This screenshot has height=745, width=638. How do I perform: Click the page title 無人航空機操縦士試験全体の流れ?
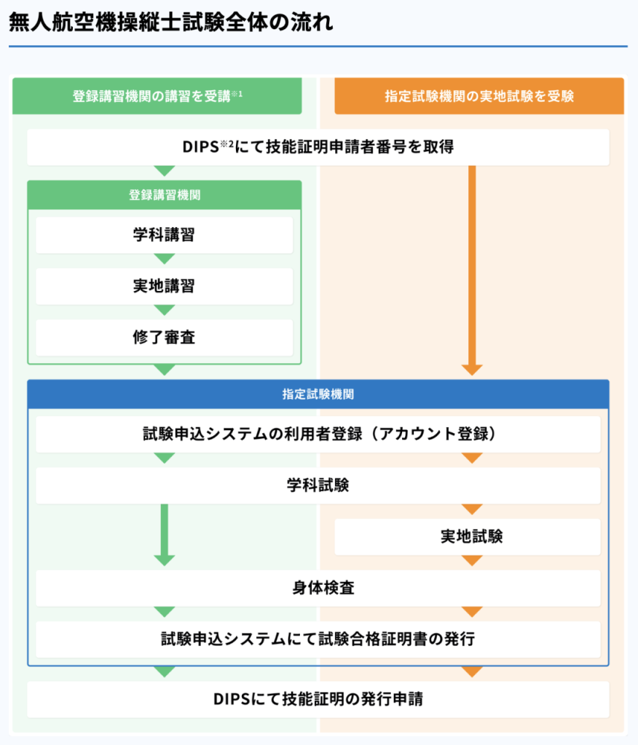point(171,22)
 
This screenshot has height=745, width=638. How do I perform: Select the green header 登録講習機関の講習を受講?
point(157,96)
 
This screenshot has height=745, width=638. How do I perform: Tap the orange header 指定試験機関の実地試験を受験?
point(479,96)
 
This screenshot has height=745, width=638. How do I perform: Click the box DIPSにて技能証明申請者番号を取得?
point(318,147)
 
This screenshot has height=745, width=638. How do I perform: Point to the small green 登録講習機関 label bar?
point(164,195)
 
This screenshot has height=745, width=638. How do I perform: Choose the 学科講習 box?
point(164,235)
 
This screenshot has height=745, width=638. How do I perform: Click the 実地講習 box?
point(164,287)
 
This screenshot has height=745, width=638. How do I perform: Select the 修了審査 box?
point(164,338)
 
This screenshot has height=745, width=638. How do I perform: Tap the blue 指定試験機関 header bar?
point(318,394)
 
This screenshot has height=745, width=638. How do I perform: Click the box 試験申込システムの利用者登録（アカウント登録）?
point(318,434)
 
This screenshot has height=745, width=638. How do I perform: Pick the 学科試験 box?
point(318,485)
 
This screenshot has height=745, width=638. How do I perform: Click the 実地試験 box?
point(467,537)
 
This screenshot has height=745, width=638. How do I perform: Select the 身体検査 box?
point(318,588)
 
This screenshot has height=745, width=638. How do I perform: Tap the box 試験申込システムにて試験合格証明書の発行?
point(318,640)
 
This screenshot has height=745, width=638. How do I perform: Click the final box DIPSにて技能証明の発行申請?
point(318,699)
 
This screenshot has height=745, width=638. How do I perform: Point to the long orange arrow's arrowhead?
point(472,370)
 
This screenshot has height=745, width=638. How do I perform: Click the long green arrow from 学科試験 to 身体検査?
point(164,535)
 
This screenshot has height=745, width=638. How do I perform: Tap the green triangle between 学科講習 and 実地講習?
point(164,258)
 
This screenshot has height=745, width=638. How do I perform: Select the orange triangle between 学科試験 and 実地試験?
point(472,509)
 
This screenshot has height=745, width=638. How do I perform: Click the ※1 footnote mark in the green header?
point(237,94)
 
